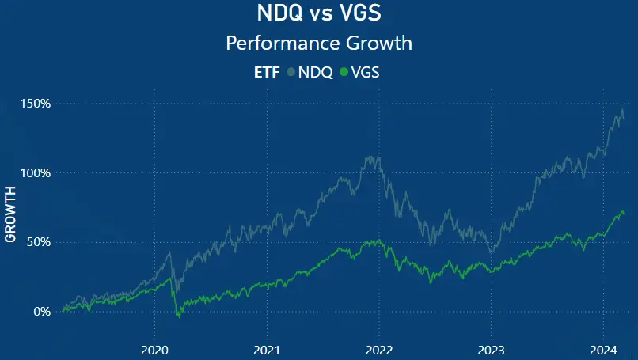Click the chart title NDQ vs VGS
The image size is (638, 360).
(319, 14)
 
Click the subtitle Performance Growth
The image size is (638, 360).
(319, 42)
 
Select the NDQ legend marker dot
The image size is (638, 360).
(291, 73)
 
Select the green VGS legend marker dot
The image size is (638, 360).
(344, 73)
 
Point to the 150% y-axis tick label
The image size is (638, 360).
(36, 104)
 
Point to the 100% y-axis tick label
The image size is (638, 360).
(36, 172)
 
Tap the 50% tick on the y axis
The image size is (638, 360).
(40, 242)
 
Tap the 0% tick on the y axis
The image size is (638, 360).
(43, 311)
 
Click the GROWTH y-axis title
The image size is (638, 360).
(10, 214)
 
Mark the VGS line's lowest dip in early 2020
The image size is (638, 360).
(178, 317)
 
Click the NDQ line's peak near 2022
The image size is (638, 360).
(370, 157)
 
